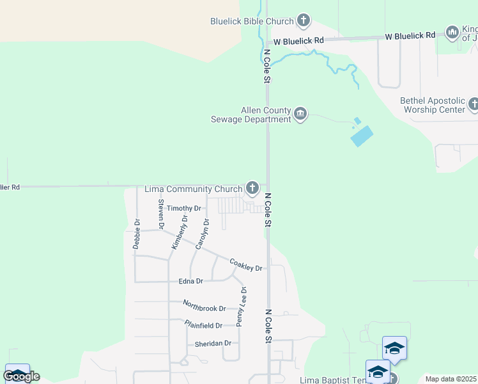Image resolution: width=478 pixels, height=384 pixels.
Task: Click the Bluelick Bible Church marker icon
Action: pos(304,21)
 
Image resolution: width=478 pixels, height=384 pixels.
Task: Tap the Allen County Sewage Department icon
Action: pos(300,115)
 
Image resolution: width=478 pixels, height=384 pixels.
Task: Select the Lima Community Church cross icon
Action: pos(252,188)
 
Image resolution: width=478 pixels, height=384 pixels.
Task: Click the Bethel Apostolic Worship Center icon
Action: pos(474,104)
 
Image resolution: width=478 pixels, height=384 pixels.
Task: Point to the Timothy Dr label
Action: pos(184,208)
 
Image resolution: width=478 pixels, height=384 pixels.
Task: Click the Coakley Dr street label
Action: pos(246,264)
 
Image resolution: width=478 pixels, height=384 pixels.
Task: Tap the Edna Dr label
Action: pos(190,281)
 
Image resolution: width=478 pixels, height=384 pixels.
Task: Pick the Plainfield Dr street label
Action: pos(206,324)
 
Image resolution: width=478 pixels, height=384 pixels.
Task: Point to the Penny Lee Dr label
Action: pos(242,307)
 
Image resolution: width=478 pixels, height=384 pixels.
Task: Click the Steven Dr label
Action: pos(161,214)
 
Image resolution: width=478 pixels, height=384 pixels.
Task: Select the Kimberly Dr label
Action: pos(180,232)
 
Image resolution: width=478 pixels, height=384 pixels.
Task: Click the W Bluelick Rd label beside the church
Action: pos(298,40)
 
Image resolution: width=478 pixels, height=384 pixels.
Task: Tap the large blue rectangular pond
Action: pos(362,135)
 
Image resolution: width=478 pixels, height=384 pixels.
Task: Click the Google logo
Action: pos(21,376)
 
